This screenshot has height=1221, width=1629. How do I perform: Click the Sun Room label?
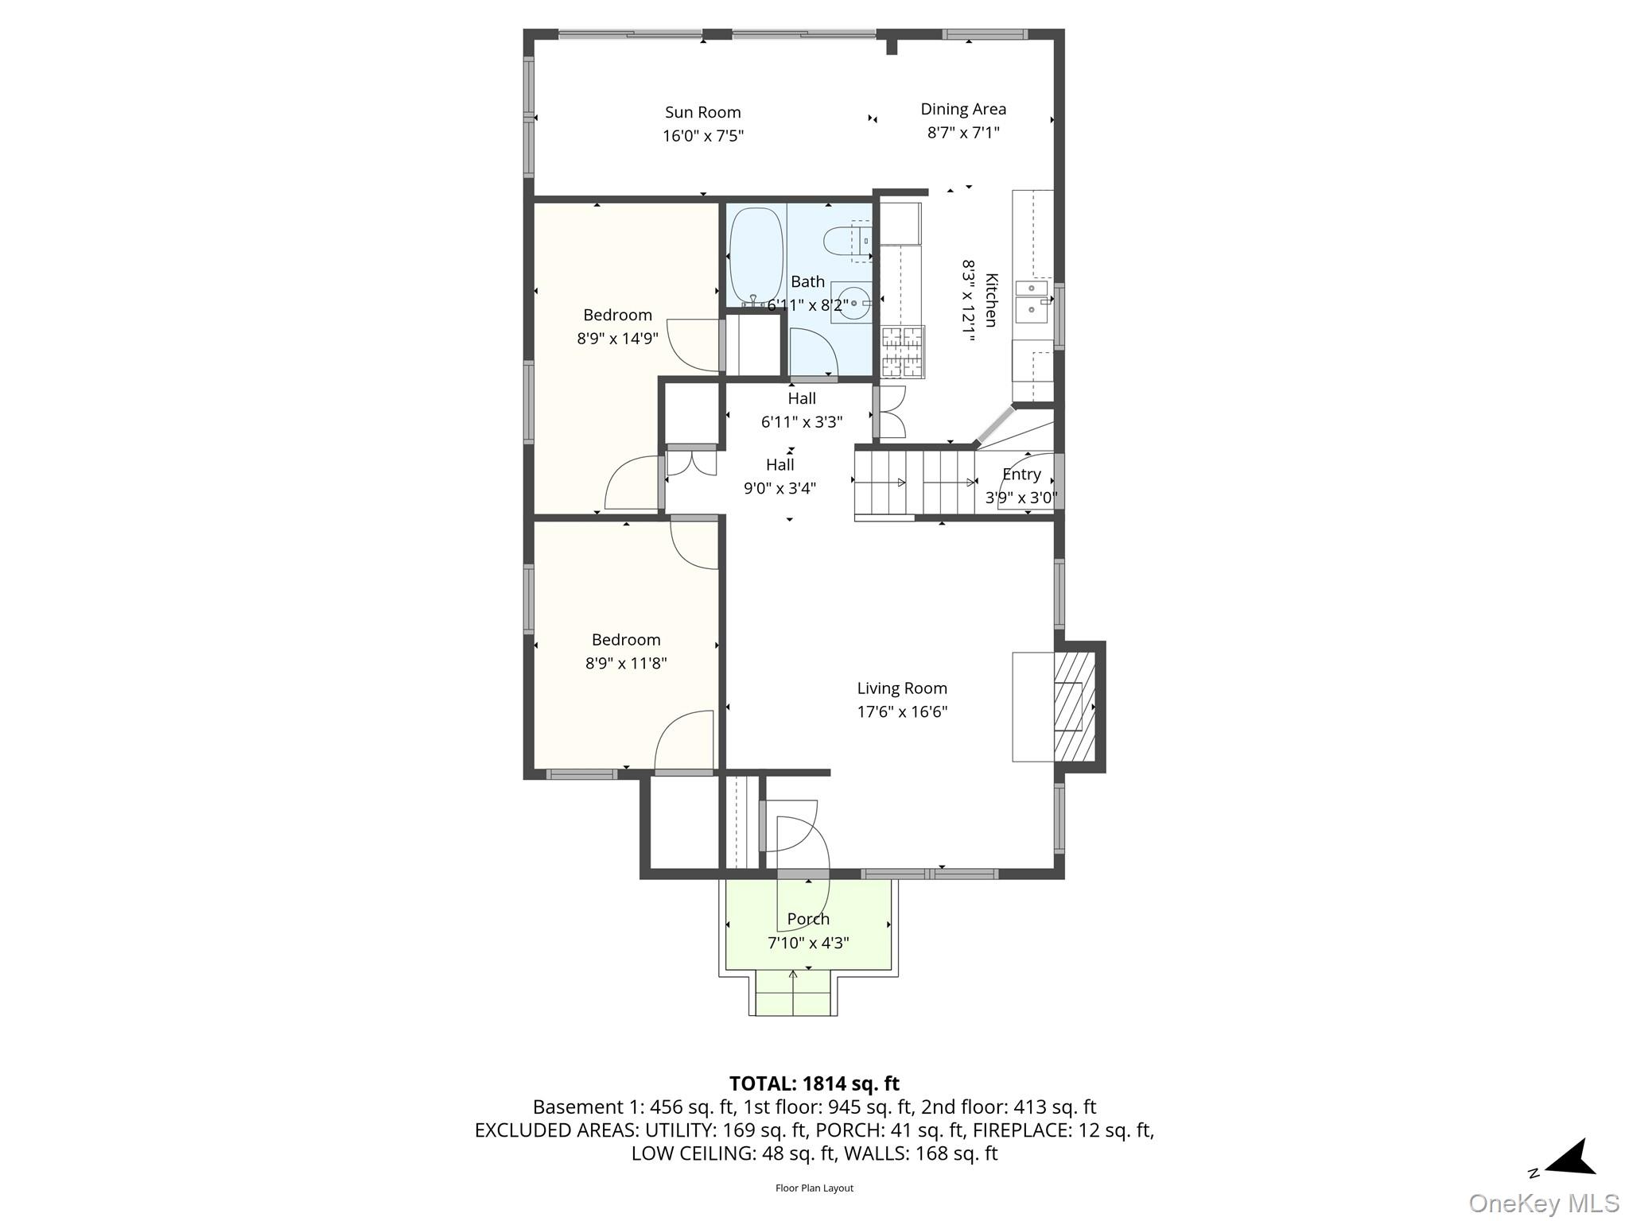point(702,113)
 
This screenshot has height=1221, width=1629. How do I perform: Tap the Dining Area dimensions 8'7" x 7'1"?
point(962,133)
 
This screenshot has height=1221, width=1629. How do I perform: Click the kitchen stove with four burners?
point(903,351)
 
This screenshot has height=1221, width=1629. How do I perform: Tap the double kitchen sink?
point(1032,300)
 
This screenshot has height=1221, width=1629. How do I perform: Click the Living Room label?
point(902,688)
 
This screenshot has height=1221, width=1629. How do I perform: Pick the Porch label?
point(808,919)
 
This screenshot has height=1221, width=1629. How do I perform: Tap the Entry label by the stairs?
point(1021,475)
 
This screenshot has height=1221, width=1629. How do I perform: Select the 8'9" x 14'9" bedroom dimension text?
point(617,339)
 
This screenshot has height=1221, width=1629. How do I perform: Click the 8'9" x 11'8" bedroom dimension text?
point(625,663)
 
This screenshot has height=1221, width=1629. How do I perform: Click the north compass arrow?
point(1571,1160)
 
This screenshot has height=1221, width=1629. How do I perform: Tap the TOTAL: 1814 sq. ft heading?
point(814,1083)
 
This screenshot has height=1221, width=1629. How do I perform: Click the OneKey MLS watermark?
point(1543,1204)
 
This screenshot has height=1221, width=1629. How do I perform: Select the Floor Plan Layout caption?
point(814,1188)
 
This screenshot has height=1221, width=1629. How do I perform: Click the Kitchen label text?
point(991,300)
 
